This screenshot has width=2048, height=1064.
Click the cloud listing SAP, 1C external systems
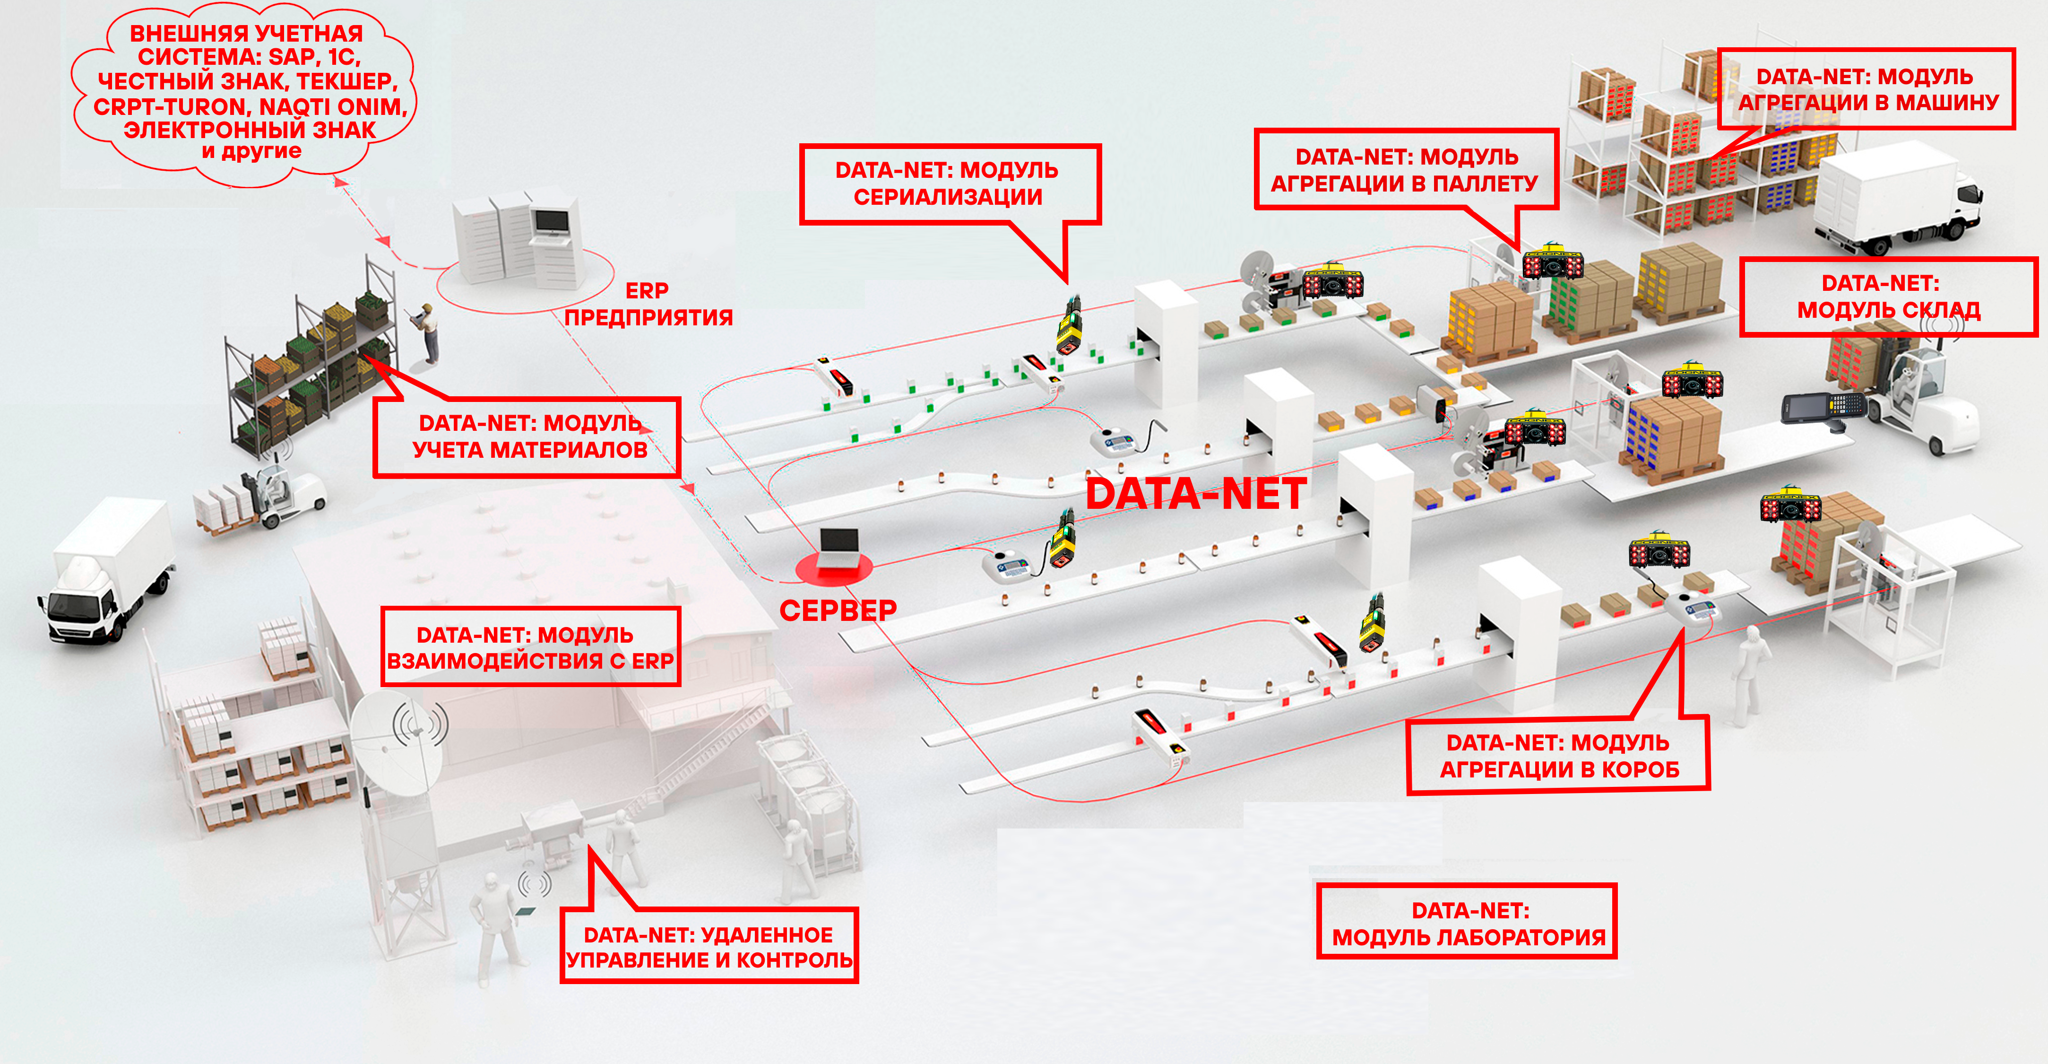[x=245, y=91]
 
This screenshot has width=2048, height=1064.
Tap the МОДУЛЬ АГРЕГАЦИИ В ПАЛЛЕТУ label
[x=1404, y=169]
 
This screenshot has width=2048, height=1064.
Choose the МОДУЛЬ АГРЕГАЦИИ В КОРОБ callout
[x=1558, y=756]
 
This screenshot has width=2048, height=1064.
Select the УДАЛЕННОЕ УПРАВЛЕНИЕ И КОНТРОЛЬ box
[x=709, y=946]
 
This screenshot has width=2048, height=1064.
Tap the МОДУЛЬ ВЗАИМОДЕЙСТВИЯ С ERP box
[x=530, y=646]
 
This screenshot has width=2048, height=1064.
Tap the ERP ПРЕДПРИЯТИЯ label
[x=648, y=304]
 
